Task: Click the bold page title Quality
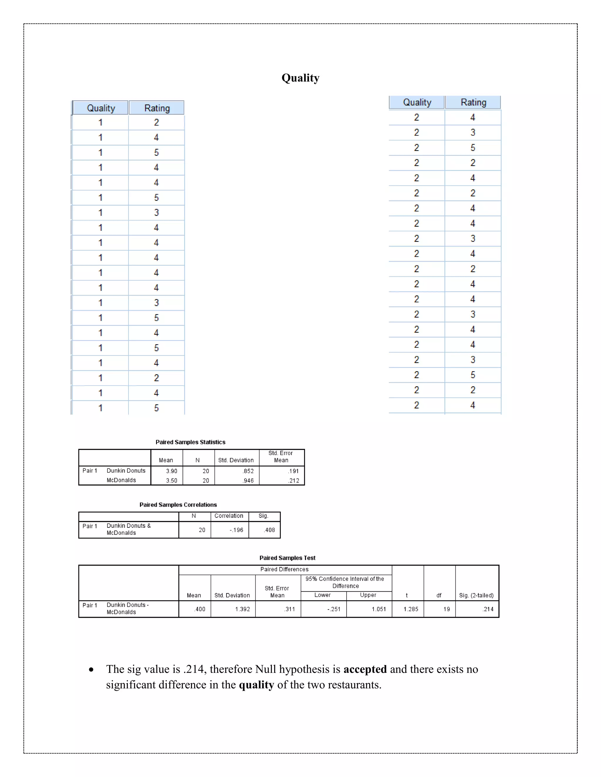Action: pyautogui.click(x=300, y=78)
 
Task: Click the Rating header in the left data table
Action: pyautogui.click(x=157, y=108)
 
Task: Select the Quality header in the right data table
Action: pyautogui.click(x=417, y=102)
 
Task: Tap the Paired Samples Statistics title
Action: pyautogui.click(x=190, y=442)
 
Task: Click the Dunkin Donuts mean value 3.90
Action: pyautogui.click(x=171, y=471)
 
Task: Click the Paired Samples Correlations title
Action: pyautogui.click(x=178, y=505)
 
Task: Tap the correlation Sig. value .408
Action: pyautogui.click(x=269, y=530)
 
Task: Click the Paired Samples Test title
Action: pyautogui.click(x=287, y=558)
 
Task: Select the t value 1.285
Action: pyautogui.click(x=411, y=609)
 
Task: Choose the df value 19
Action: pyautogui.click(x=446, y=609)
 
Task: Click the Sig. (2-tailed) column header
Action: pyautogui.click(x=476, y=595)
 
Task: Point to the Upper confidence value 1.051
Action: pyautogui.click(x=379, y=609)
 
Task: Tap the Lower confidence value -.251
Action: pyautogui.click(x=334, y=609)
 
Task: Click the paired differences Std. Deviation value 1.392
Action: pyautogui.click(x=242, y=609)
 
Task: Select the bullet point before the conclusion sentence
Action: pyautogui.click(x=92, y=670)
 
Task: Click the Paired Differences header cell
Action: pyautogui.click(x=284, y=569)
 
